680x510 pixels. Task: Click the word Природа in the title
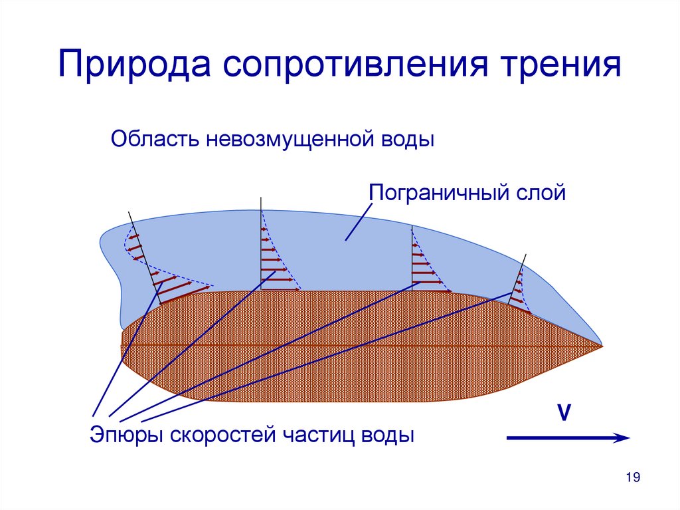pyautogui.click(x=132, y=68)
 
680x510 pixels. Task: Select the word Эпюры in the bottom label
pyautogui.click(x=127, y=436)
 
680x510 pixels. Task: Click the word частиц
pyautogui.click(x=319, y=436)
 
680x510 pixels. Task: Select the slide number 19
pyautogui.click(x=632, y=477)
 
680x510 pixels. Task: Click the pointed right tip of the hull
pyautogui.click(x=600, y=346)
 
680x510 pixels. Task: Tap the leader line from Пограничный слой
pyautogui.click(x=359, y=221)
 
